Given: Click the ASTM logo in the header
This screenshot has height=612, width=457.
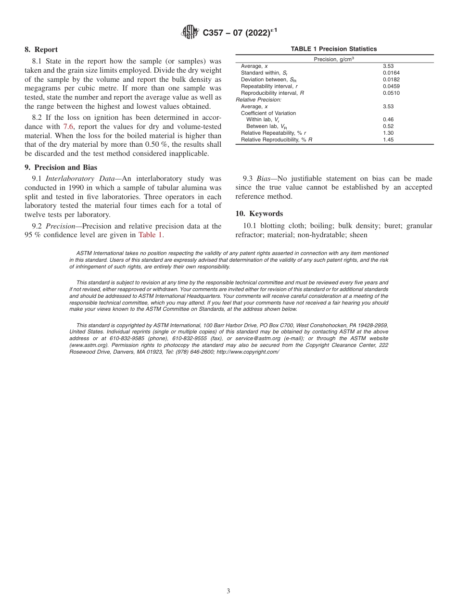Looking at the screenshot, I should coord(190,33).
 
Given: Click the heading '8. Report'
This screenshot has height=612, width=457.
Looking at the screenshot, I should coord(41,50).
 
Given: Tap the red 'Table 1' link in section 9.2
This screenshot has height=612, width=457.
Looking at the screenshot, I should coord(151,235).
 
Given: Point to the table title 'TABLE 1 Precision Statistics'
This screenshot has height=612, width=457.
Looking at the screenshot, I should coord(334,49).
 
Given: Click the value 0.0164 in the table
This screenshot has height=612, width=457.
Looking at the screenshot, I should coord(391,73).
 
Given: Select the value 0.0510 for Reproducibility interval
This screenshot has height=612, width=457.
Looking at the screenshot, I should coord(391,93).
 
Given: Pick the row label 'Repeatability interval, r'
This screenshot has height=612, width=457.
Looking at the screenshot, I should coord(269,86).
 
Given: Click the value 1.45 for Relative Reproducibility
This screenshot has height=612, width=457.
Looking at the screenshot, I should coord(388,140).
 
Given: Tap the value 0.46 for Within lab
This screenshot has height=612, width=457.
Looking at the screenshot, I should coord(388,119).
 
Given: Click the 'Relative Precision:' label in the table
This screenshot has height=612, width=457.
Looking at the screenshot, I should coord(258,99).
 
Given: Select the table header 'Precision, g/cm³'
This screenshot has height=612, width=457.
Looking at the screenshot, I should coord(334,59).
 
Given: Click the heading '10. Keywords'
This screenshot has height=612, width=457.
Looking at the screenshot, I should coord(259,214).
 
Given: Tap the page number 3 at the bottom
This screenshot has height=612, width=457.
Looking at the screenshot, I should coord(228,591).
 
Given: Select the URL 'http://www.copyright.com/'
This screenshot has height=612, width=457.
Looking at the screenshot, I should coord(248,352).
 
